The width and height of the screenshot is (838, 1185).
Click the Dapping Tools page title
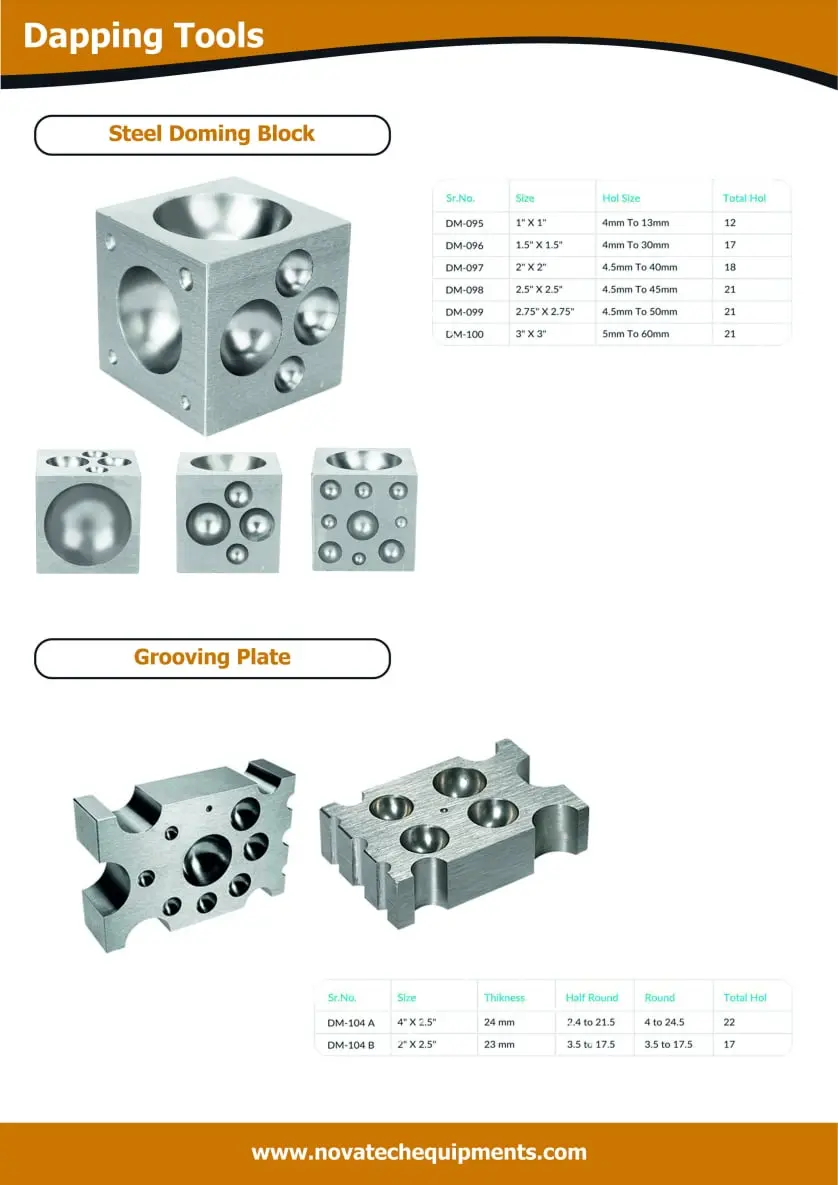pyautogui.click(x=144, y=36)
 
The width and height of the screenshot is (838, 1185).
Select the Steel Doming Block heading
pyautogui.click(x=212, y=134)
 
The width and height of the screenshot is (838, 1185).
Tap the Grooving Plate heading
pyautogui.click(x=212, y=657)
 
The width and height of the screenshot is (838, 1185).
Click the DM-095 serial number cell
pyautogui.click(x=464, y=223)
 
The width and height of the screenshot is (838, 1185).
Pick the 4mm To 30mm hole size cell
pyautogui.click(x=635, y=245)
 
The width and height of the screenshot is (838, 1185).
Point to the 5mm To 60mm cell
pyautogui.click(x=635, y=333)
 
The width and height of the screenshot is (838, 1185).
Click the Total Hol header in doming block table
pyautogui.click(x=744, y=198)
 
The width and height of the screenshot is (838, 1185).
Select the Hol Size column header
pyautogui.click(x=621, y=198)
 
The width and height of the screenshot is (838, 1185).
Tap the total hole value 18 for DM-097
pyautogui.click(x=729, y=267)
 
